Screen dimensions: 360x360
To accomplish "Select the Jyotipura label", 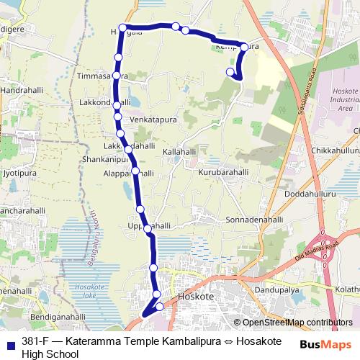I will pos(19,174).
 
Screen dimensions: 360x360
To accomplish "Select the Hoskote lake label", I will pos(85,291).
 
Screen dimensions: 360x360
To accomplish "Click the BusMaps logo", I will pos(325,345).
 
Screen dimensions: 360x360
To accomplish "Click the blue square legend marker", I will pos(11,341).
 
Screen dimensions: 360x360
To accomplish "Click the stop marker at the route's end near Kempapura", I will pos(230,71).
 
